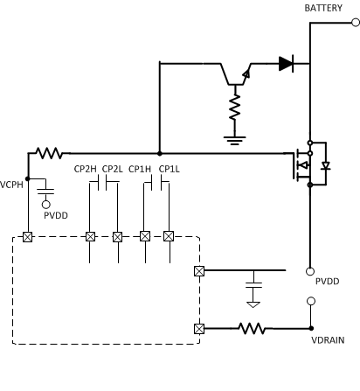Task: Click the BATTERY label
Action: tap(323, 8)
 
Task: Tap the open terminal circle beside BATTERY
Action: tap(356, 24)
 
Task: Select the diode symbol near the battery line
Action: tap(286, 63)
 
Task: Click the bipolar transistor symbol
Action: tap(236, 73)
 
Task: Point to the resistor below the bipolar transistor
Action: tap(234, 108)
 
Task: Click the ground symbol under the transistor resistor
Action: tap(234, 138)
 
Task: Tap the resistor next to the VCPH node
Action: tap(48, 152)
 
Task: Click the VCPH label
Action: tap(11, 185)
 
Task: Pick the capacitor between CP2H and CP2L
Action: tap(104, 183)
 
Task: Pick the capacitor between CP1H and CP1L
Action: tap(156, 183)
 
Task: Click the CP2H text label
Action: tap(86, 169)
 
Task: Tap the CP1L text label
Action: tap(169, 169)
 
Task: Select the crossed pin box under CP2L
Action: tap(117, 236)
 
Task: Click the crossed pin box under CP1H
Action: tap(145, 236)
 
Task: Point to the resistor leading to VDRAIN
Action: tap(253, 328)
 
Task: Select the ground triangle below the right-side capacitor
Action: tap(253, 304)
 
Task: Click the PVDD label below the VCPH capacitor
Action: tap(56, 215)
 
